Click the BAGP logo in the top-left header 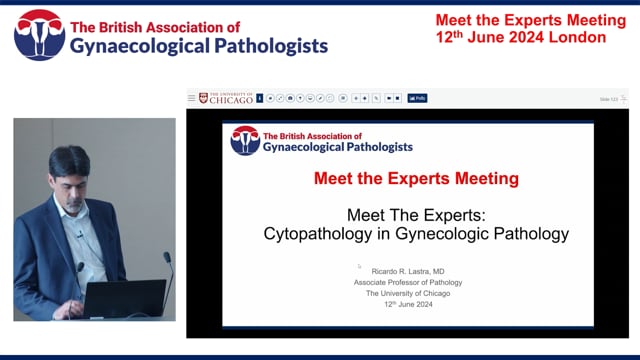point(38,35)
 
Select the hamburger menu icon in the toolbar point(192,98)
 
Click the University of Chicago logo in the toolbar point(226,98)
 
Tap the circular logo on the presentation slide point(245,141)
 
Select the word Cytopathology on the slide point(312,234)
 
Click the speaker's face point(71,172)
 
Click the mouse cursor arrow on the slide point(359,266)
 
